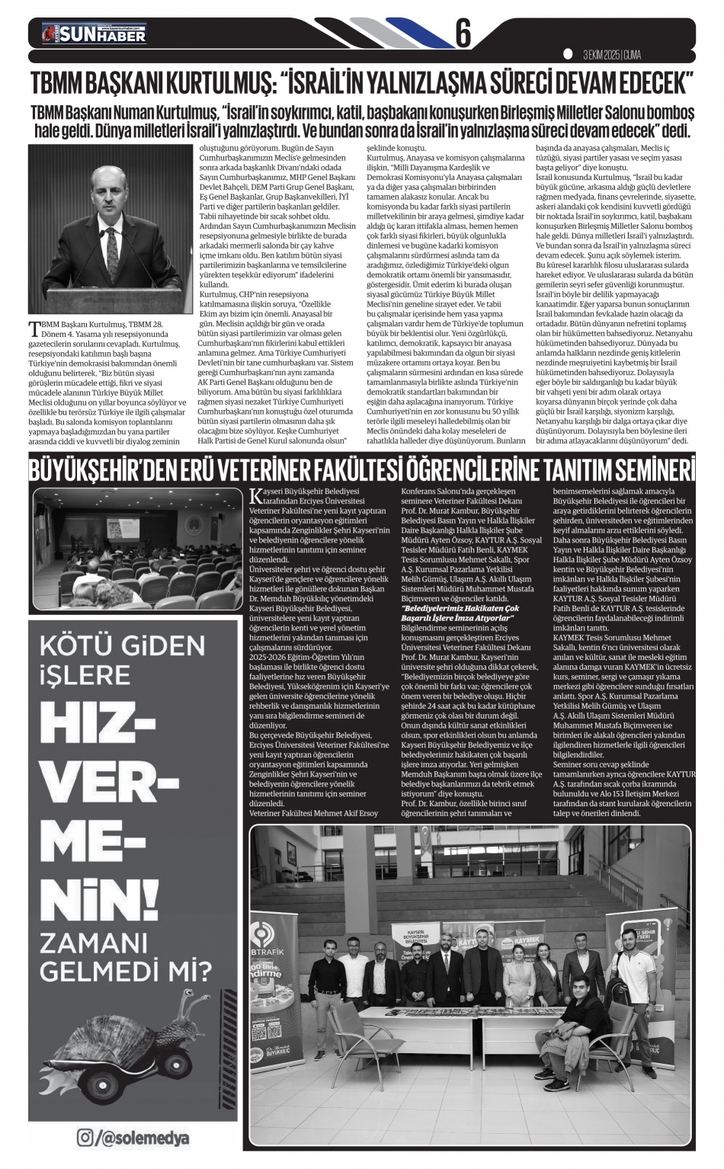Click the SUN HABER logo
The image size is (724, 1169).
click(93, 34)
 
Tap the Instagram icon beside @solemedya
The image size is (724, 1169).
click(86, 1139)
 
